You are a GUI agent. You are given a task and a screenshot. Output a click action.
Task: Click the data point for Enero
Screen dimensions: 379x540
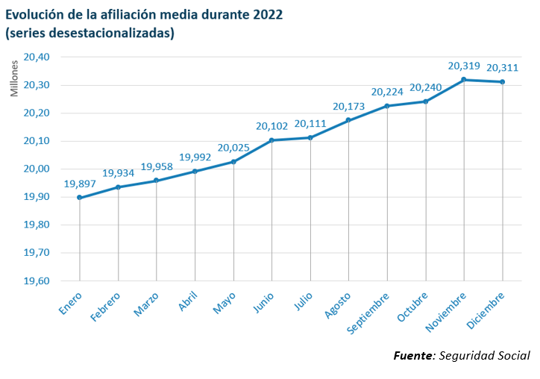pos(80,198)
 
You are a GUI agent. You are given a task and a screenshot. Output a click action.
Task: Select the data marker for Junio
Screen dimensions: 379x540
pos(271,140)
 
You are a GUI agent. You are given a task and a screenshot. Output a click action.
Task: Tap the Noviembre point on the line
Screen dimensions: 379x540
pos(464,80)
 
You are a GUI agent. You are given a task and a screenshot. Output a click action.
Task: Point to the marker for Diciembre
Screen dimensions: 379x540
pos(502,82)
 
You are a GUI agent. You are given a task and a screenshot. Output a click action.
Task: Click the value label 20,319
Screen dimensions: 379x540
pos(464,66)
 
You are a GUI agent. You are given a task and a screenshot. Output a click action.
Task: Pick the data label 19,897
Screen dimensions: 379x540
pos(79,184)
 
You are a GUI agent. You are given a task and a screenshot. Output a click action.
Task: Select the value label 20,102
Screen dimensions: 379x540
pos(271,126)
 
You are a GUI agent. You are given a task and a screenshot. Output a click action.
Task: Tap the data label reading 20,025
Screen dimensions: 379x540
pos(233,148)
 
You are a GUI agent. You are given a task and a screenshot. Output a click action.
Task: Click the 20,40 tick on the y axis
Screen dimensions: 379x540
pos(36,57)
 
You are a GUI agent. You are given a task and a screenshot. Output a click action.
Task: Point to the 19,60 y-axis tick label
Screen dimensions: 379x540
pos(36,281)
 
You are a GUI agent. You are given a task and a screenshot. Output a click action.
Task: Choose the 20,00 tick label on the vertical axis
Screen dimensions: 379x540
pos(36,169)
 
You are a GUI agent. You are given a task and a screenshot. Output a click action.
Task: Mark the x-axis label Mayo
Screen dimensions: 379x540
pos(224,304)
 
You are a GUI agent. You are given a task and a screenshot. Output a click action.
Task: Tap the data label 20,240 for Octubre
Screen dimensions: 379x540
pos(425,87)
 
